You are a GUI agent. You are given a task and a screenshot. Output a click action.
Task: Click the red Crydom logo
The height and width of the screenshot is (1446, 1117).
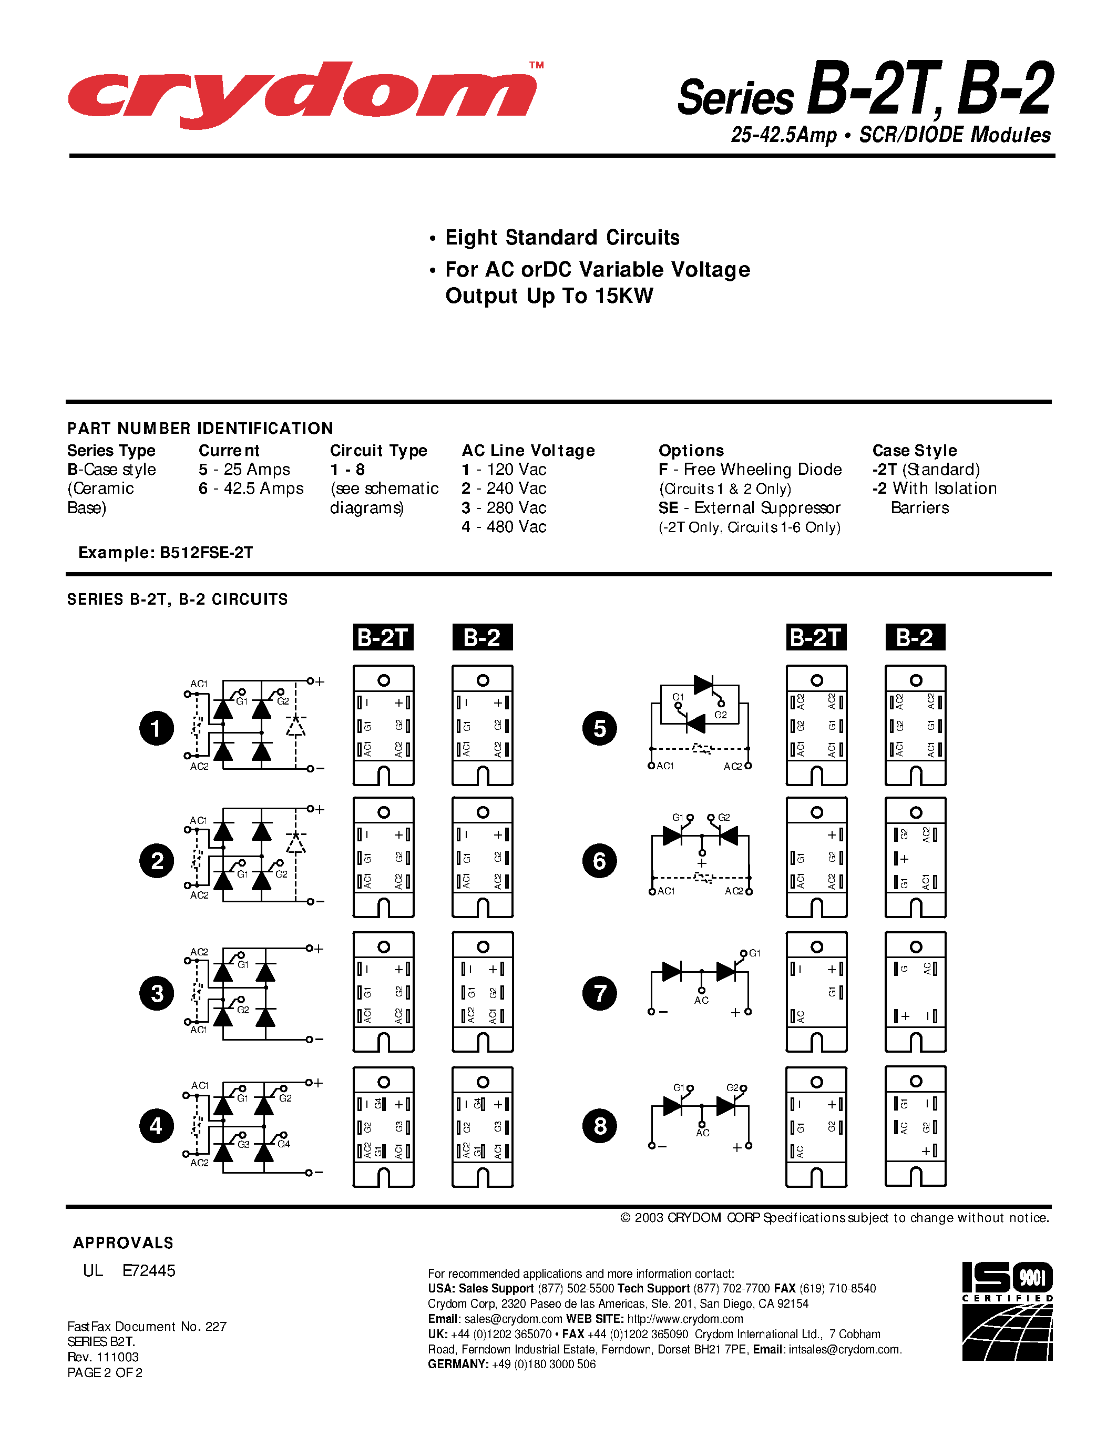302,95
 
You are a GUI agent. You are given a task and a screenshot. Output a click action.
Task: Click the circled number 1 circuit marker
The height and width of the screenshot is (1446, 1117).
156,728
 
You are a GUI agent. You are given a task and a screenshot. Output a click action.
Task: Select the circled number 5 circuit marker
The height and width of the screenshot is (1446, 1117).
600,728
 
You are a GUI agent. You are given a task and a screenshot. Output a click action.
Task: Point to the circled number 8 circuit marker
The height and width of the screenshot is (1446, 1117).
600,1126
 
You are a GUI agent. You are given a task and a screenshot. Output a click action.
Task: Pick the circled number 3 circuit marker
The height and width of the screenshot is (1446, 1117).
156,993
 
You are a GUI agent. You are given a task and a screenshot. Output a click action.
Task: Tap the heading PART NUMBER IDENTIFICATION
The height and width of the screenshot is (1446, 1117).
200,429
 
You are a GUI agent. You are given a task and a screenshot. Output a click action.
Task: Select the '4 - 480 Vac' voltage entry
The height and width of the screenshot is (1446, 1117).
504,527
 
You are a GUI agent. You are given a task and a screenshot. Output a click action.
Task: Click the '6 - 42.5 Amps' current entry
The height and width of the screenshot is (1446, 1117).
251,488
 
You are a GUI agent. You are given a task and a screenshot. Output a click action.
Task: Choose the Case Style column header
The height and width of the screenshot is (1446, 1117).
915,451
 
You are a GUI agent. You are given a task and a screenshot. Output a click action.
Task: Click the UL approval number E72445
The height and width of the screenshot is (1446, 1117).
149,1270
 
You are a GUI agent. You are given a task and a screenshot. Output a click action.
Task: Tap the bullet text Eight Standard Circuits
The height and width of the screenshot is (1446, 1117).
562,238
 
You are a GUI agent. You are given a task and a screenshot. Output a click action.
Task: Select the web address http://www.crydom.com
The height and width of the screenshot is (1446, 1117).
685,1319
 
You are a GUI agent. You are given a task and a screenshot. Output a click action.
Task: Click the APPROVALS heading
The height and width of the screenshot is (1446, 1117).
123,1243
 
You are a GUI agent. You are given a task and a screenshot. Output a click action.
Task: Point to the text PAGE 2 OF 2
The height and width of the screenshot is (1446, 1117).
105,1372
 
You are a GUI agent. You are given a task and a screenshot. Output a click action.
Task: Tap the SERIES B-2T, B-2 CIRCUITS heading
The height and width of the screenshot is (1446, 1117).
177,599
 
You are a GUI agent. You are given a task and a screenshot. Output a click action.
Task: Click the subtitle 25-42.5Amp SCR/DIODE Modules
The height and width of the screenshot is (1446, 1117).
890,135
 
